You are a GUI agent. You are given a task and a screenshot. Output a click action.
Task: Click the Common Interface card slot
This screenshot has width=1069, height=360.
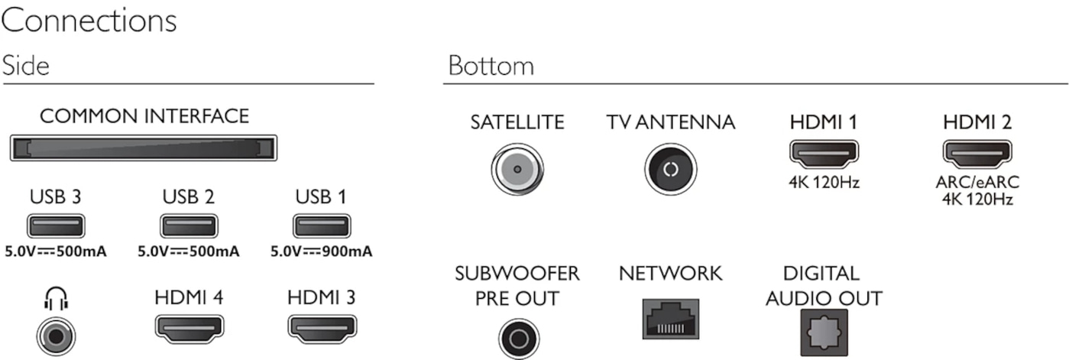click(x=144, y=148)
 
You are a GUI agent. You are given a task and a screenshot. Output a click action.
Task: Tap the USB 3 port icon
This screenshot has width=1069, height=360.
click(x=56, y=225)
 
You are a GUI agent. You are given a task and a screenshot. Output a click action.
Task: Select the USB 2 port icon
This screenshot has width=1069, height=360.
click(x=189, y=225)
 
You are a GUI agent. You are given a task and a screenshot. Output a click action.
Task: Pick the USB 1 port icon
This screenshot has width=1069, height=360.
click(x=322, y=225)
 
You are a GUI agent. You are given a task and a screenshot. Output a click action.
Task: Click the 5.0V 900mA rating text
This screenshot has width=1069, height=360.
click(x=321, y=251)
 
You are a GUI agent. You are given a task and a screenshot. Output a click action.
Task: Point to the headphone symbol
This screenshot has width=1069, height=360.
click(x=57, y=298)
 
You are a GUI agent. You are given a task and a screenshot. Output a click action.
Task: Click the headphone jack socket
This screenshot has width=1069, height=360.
click(x=57, y=336)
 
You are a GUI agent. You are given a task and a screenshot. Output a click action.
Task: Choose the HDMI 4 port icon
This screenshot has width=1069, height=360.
click(x=190, y=329)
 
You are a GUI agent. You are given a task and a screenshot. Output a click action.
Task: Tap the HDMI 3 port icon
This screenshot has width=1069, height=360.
click(x=322, y=329)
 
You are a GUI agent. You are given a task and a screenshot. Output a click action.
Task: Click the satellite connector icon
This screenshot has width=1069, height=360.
click(x=517, y=169)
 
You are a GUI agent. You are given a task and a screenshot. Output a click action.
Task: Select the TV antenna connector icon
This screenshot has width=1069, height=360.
click(x=670, y=169)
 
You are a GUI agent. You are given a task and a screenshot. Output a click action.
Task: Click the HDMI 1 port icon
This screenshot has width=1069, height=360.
click(x=824, y=154)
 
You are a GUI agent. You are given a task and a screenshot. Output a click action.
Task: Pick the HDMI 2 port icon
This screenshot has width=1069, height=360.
click(x=977, y=154)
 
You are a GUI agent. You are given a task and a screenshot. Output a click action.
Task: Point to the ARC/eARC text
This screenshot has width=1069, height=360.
click(x=977, y=182)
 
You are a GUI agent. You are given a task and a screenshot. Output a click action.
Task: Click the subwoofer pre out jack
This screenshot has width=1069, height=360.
click(x=519, y=339)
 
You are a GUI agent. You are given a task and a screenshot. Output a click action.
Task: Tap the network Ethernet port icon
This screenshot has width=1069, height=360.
click(x=670, y=319)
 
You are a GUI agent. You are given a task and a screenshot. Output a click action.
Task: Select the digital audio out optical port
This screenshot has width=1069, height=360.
click(x=824, y=332)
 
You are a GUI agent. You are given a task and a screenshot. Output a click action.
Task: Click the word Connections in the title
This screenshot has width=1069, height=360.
click(x=89, y=21)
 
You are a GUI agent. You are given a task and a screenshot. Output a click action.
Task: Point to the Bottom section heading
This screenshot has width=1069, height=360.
click(x=491, y=66)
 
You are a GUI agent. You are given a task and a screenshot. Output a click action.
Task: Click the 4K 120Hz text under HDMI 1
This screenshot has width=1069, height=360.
click(x=824, y=183)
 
